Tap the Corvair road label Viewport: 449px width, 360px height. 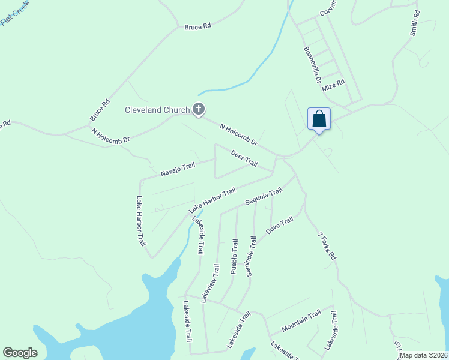click(328, 8)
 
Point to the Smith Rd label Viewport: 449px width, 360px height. click(414, 23)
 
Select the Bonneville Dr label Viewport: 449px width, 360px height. click(312, 65)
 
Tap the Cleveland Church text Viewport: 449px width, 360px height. click(157, 110)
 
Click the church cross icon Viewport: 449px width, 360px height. click(199, 109)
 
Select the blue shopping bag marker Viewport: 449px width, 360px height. click(319, 119)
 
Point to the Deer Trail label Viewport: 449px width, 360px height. click(244, 159)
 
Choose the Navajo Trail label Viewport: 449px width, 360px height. click(178, 169)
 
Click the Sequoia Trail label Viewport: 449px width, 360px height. click(264, 197)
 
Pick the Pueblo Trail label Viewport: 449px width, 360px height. click(234, 257)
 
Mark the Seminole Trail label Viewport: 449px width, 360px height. click(251, 256)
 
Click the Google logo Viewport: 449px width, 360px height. click(20, 353)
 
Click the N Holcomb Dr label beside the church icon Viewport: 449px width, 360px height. click(238, 135)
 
